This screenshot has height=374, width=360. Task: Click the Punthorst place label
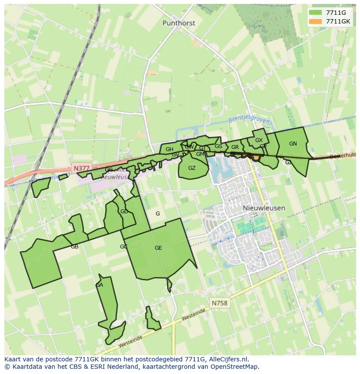[x=179, y=23]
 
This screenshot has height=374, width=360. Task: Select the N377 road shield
[x=81, y=168]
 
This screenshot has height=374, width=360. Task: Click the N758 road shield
[x=220, y=303]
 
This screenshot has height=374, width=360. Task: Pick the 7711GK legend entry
[x=338, y=21]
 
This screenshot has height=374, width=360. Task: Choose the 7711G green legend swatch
[x=316, y=13]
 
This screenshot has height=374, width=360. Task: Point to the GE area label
[x=158, y=248]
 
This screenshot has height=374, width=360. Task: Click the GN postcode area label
[x=293, y=144]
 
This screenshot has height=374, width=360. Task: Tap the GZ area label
[x=192, y=168]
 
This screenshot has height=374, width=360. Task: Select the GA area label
[x=99, y=285]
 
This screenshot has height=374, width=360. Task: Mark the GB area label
[x=74, y=247]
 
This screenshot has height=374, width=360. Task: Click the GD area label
[x=124, y=212]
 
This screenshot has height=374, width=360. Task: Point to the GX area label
[x=259, y=140]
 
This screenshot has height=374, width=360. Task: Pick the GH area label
[x=169, y=149]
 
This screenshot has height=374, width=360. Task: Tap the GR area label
[x=235, y=147]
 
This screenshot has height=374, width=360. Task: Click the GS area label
[x=218, y=146]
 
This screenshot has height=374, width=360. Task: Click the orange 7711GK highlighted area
[x=256, y=158]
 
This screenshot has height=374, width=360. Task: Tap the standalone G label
[x=157, y=213]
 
